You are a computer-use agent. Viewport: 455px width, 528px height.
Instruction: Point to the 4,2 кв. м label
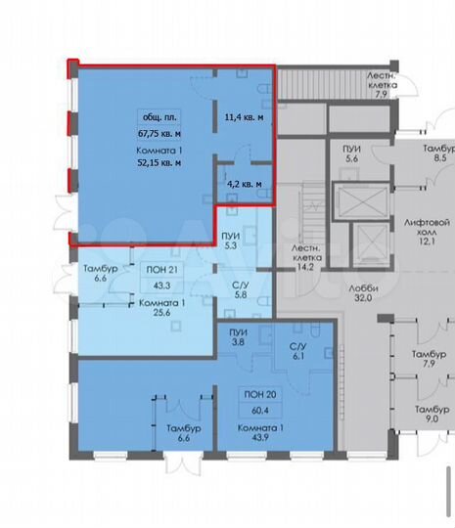tap(244, 183)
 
